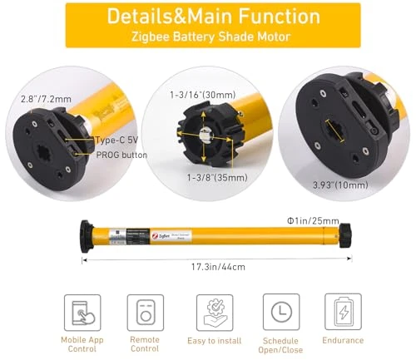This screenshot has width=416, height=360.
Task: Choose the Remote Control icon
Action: (x=145, y=313)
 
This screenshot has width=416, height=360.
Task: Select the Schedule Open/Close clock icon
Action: (x=280, y=313)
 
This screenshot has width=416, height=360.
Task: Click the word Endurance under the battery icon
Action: (x=343, y=340)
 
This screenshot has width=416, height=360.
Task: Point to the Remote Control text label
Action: (x=145, y=345)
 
